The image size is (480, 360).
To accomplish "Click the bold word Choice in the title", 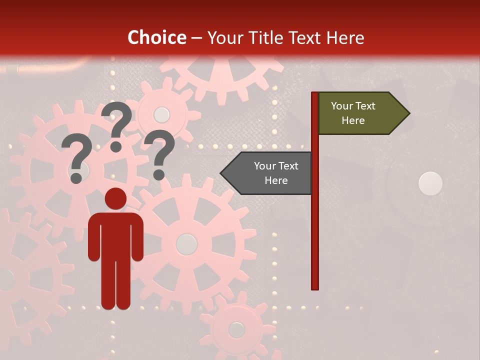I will tap(156, 37).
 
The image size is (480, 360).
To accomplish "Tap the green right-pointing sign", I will tap(357, 113).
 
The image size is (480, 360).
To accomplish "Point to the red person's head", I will tap(115, 198).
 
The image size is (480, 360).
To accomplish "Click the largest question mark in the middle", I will tap(117, 126).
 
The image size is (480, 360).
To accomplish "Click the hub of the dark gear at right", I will tap(430, 183).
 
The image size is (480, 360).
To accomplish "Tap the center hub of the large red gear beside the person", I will tap(186, 244).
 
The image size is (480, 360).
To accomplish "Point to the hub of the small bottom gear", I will tap(236, 329).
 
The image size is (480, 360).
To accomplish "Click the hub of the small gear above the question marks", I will tap(161, 114).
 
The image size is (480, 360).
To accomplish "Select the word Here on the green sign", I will tap(353, 120).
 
